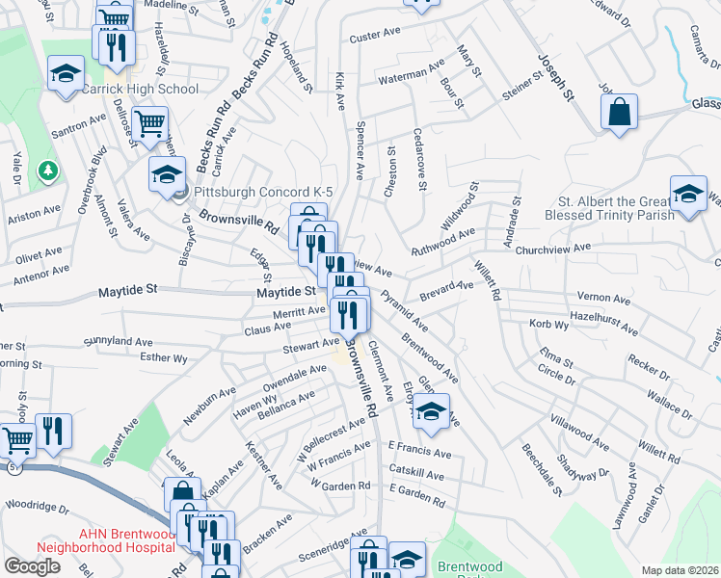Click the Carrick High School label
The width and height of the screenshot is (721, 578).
[140, 90]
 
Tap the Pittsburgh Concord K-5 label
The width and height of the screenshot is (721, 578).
[242, 192]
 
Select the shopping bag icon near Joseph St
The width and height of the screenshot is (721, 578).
[619, 113]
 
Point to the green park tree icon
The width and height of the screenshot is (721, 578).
[46, 171]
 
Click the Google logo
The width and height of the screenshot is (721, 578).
[32, 566]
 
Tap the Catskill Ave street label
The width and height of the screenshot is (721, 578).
[416, 475]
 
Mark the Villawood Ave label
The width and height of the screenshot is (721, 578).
[580, 433]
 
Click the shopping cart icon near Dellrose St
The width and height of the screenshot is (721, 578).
[149, 123]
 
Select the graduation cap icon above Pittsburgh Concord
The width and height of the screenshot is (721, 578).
[167, 173]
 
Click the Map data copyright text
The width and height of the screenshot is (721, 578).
[681, 570]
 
